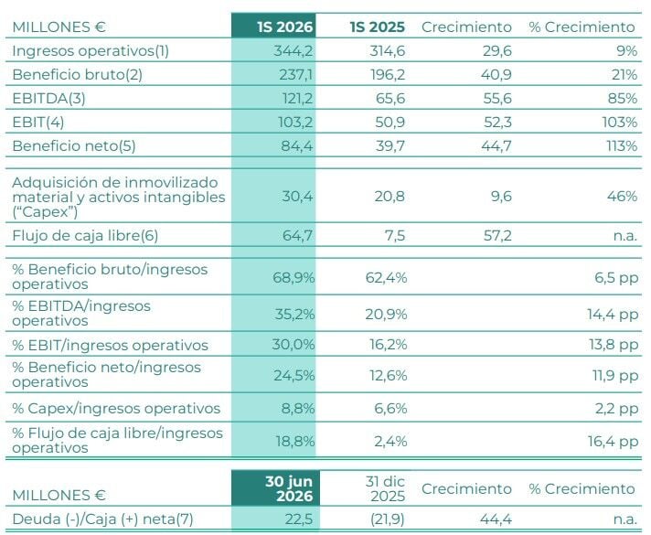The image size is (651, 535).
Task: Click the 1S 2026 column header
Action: point(285,27)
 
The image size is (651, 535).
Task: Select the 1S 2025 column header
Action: point(378,27)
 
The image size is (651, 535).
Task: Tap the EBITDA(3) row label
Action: point(48,99)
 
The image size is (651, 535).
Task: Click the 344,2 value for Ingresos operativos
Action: point(293,50)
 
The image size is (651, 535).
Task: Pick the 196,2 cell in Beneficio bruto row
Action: point(388,74)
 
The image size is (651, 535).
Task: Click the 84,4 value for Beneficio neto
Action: point(296,145)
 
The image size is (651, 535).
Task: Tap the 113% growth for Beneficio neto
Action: point(621,145)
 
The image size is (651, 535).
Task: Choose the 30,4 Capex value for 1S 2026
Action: point(297,196)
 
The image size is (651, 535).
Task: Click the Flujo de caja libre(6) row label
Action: point(85,236)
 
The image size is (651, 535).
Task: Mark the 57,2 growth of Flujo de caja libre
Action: point(497,236)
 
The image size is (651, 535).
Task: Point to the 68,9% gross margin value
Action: point(293,277)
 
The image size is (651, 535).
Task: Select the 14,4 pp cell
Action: point(613,315)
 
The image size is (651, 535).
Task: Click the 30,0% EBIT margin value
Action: point(293,345)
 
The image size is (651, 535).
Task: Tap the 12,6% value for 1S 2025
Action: point(389,376)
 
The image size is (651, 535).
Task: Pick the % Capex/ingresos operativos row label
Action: point(116,408)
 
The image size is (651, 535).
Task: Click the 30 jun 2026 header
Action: point(289,488)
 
